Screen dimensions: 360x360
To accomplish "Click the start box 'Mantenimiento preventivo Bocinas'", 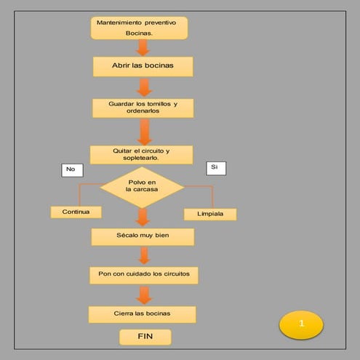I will [139, 28].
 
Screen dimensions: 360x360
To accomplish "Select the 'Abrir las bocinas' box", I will [143, 65].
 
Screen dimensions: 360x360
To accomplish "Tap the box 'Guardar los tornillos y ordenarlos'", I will [143, 108].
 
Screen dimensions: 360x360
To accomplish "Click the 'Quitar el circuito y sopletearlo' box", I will [141, 154].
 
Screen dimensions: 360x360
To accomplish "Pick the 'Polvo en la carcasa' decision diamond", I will [142, 186].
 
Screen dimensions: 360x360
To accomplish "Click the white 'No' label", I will [71, 169].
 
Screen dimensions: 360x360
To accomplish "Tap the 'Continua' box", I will [76, 212].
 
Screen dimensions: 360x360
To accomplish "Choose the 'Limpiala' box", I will [209, 214].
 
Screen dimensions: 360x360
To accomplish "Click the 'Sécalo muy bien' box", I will [143, 236].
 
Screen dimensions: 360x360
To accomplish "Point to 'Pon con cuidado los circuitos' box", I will [143, 275].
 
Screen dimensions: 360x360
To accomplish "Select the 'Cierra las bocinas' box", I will [142, 313].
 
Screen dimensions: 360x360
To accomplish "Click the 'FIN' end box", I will [145, 337].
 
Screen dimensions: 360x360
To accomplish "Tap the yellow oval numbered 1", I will [300, 324].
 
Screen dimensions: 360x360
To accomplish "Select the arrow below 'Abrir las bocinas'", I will [144, 87].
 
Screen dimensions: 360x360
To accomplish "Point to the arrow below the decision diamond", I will [143, 217].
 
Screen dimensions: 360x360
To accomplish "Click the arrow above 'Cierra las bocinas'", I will [144, 295].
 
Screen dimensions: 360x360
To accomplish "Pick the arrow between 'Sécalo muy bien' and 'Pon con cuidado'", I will [144, 255].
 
